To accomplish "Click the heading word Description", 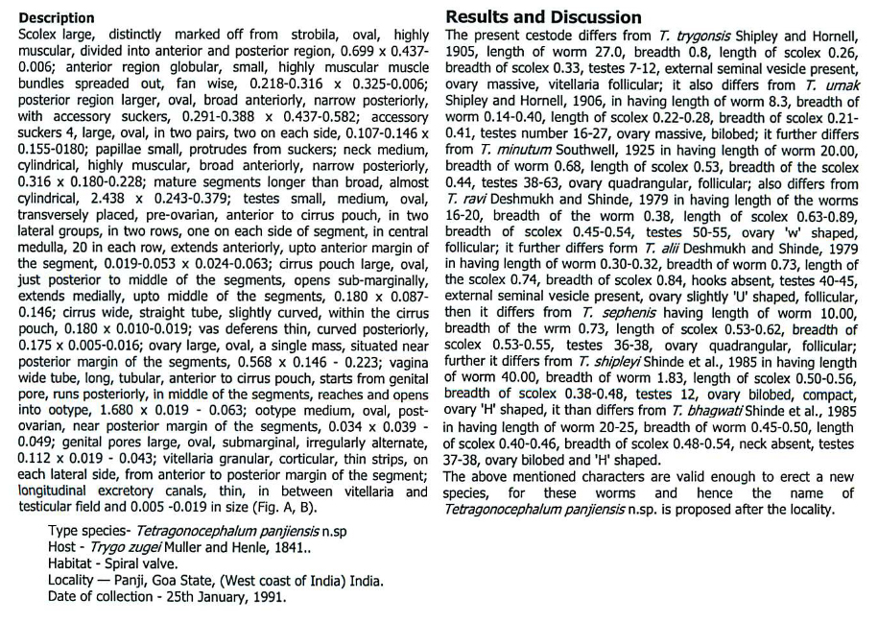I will (x=57, y=18).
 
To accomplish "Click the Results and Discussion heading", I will (x=544, y=17).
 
